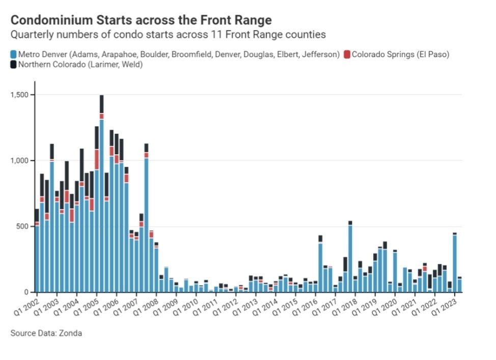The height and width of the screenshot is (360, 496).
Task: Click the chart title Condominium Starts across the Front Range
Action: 141,20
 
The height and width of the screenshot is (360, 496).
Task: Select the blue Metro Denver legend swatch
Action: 13,54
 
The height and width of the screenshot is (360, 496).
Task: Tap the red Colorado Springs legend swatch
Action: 347,54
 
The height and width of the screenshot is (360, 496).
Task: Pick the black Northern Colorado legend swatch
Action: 13,65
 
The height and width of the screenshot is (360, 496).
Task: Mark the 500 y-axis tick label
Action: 22,227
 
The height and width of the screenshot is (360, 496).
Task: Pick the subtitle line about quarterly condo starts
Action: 168,35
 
